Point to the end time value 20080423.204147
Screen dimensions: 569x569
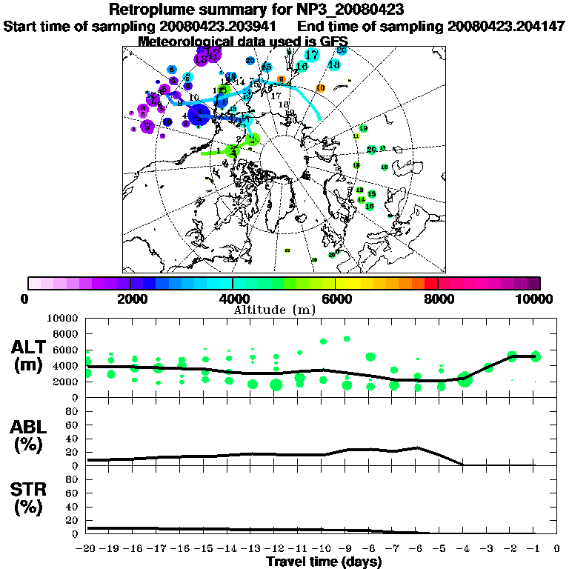[x=507, y=26]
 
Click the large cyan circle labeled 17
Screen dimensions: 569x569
[x=312, y=55]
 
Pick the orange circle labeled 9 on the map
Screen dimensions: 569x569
[x=281, y=79]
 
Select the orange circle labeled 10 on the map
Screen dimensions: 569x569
[x=320, y=88]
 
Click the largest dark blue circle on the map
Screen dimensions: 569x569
[x=199, y=115]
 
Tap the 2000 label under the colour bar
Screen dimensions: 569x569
[x=130, y=299]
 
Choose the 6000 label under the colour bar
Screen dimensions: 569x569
[x=335, y=299]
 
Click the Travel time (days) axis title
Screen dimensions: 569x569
[x=324, y=562]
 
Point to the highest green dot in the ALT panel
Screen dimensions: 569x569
[x=347, y=339]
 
